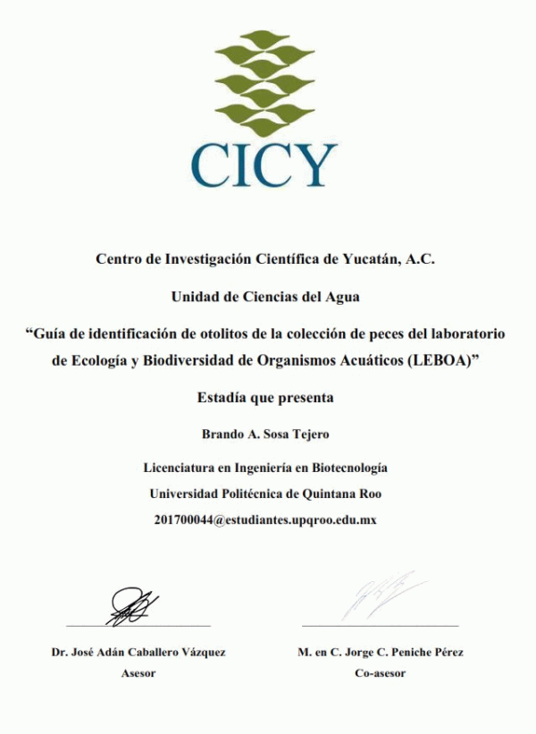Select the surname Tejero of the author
coord(308,434)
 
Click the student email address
coord(264,519)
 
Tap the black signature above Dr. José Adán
coord(134,605)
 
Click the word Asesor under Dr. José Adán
coord(138,673)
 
